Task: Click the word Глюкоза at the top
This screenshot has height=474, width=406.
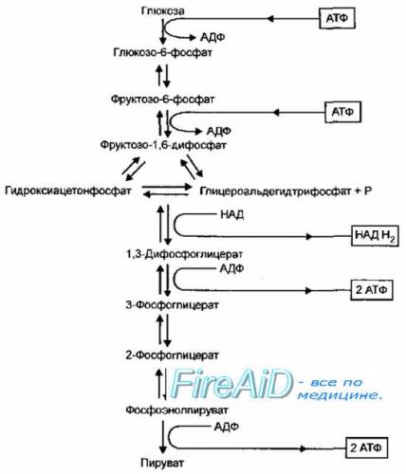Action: click(x=163, y=11)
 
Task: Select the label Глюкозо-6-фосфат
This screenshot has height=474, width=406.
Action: click(x=163, y=52)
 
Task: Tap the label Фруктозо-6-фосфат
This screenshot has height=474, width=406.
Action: click(x=162, y=100)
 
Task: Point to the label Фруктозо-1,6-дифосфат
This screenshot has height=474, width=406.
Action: click(x=163, y=145)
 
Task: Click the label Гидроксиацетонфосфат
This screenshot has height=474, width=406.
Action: click(x=68, y=191)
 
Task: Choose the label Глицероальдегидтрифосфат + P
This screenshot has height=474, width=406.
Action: click(x=286, y=191)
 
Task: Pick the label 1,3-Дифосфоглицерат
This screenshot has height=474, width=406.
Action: click(x=185, y=254)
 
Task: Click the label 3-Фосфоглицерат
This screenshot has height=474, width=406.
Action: click(x=173, y=305)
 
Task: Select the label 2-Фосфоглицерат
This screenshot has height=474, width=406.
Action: click(x=173, y=355)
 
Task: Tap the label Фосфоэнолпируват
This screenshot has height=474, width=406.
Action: click(x=177, y=410)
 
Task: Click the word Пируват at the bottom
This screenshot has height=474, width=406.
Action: click(x=162, y=464)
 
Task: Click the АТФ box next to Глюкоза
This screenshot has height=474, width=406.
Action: click(x=337, y=18)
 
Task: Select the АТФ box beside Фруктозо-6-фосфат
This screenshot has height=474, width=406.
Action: click(x=342, y=112)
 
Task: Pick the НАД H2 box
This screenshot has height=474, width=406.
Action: click(x=375, y=235)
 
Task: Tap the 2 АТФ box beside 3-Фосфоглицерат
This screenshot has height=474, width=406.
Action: click(x=372, y=290)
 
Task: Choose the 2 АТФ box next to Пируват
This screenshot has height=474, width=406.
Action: click(x=366, y=447)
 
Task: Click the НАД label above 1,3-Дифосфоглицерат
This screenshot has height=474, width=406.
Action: click(x=231, y=215)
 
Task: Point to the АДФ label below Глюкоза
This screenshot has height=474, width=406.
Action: click(x=212, y=37)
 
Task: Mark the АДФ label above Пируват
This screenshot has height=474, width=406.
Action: click(x=227, y=427)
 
